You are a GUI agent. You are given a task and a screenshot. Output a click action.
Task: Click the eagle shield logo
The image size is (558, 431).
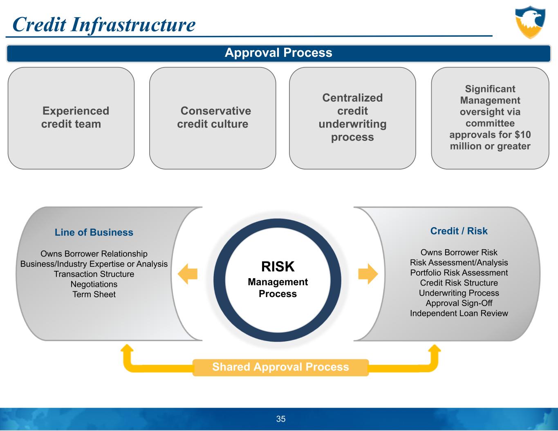530,22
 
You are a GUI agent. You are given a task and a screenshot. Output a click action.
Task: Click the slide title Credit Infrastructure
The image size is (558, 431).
104,25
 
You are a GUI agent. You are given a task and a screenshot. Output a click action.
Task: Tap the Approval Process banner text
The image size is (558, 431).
278,53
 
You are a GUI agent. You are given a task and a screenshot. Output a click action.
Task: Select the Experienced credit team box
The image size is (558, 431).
71,118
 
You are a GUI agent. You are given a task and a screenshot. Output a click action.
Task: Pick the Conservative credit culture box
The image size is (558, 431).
213,118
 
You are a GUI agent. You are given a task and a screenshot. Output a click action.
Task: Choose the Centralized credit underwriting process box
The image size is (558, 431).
352,118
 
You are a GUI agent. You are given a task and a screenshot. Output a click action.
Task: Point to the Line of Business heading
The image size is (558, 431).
94,232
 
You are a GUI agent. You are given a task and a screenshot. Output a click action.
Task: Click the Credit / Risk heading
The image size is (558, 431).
459,231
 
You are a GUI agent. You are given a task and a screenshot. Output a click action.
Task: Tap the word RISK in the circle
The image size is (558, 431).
278,267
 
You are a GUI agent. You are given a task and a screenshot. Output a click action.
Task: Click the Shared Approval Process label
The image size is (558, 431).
280,367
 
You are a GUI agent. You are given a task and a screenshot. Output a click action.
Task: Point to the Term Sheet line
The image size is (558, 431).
94,295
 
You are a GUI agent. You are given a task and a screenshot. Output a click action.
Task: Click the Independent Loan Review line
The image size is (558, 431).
459,313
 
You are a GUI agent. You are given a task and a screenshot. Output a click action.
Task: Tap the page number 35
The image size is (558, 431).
281,419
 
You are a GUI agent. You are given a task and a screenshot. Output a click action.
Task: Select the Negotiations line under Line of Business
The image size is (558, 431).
94,284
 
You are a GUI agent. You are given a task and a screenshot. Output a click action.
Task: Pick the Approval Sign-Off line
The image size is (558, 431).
459,303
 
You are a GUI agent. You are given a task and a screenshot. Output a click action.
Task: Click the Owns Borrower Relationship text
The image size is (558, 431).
94,254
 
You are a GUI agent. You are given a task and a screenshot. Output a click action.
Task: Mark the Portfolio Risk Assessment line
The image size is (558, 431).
459,273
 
